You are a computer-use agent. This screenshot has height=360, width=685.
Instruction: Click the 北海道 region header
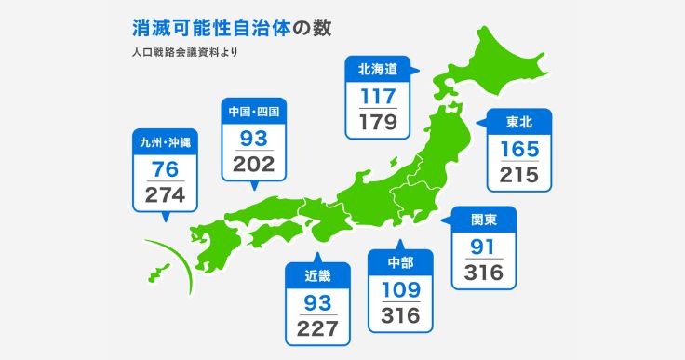378,68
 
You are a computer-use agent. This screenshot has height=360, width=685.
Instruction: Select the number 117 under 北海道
378,95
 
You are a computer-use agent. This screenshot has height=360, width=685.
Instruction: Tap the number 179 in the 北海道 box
378,122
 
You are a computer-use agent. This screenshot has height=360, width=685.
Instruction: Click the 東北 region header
519,121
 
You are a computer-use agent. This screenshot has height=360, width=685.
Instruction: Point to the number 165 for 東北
519,148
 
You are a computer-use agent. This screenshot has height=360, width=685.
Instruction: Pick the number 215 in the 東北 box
519,175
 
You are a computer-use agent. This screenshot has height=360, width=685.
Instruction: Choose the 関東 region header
483,220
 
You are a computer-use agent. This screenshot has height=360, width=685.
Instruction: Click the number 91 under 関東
483,247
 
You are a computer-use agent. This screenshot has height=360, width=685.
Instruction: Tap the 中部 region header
400,262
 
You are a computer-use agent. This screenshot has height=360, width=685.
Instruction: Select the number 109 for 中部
400,289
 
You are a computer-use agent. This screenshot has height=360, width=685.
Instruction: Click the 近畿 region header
317,275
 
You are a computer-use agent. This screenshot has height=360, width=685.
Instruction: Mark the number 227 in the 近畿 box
317,328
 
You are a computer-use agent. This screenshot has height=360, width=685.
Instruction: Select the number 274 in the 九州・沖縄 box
165,195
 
